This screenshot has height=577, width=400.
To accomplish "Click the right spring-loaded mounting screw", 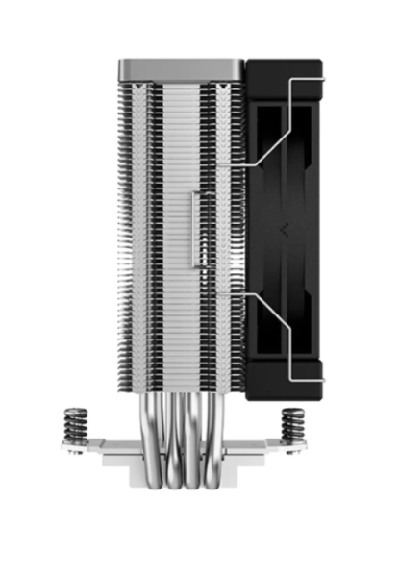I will pyautogui.click(x=292, y=424).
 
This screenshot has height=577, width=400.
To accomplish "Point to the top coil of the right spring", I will pyautogui.click(x=292, y=411).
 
